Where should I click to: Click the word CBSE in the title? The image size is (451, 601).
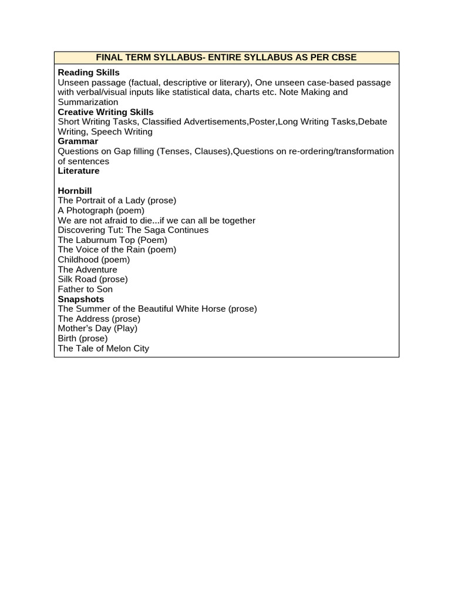point(344,58)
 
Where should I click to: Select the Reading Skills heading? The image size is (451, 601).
point(89,72)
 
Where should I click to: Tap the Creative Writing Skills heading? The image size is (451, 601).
point(106,112)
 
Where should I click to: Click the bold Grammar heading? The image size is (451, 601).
point(78,141)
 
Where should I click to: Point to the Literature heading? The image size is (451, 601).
point(79,171)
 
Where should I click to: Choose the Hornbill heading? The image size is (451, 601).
point(75,191)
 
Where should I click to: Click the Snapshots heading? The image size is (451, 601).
point(81,299)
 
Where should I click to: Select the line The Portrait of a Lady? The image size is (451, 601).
point(117,200)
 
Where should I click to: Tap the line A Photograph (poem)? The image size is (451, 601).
point(101,210)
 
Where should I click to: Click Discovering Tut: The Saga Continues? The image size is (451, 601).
point(133,230)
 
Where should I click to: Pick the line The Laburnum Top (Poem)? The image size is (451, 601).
point(113,239)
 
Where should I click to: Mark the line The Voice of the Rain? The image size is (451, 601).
point(117,249)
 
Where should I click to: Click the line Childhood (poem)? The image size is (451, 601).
point(94,259)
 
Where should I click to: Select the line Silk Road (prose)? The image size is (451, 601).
point(93,279)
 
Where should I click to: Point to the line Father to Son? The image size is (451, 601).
point(85,289)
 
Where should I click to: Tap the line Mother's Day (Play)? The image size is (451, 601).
point(97,328)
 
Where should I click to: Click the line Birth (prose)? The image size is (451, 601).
point(83,338)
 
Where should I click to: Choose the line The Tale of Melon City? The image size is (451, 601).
point(103,348)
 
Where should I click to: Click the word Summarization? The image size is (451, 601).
point(88,102)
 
